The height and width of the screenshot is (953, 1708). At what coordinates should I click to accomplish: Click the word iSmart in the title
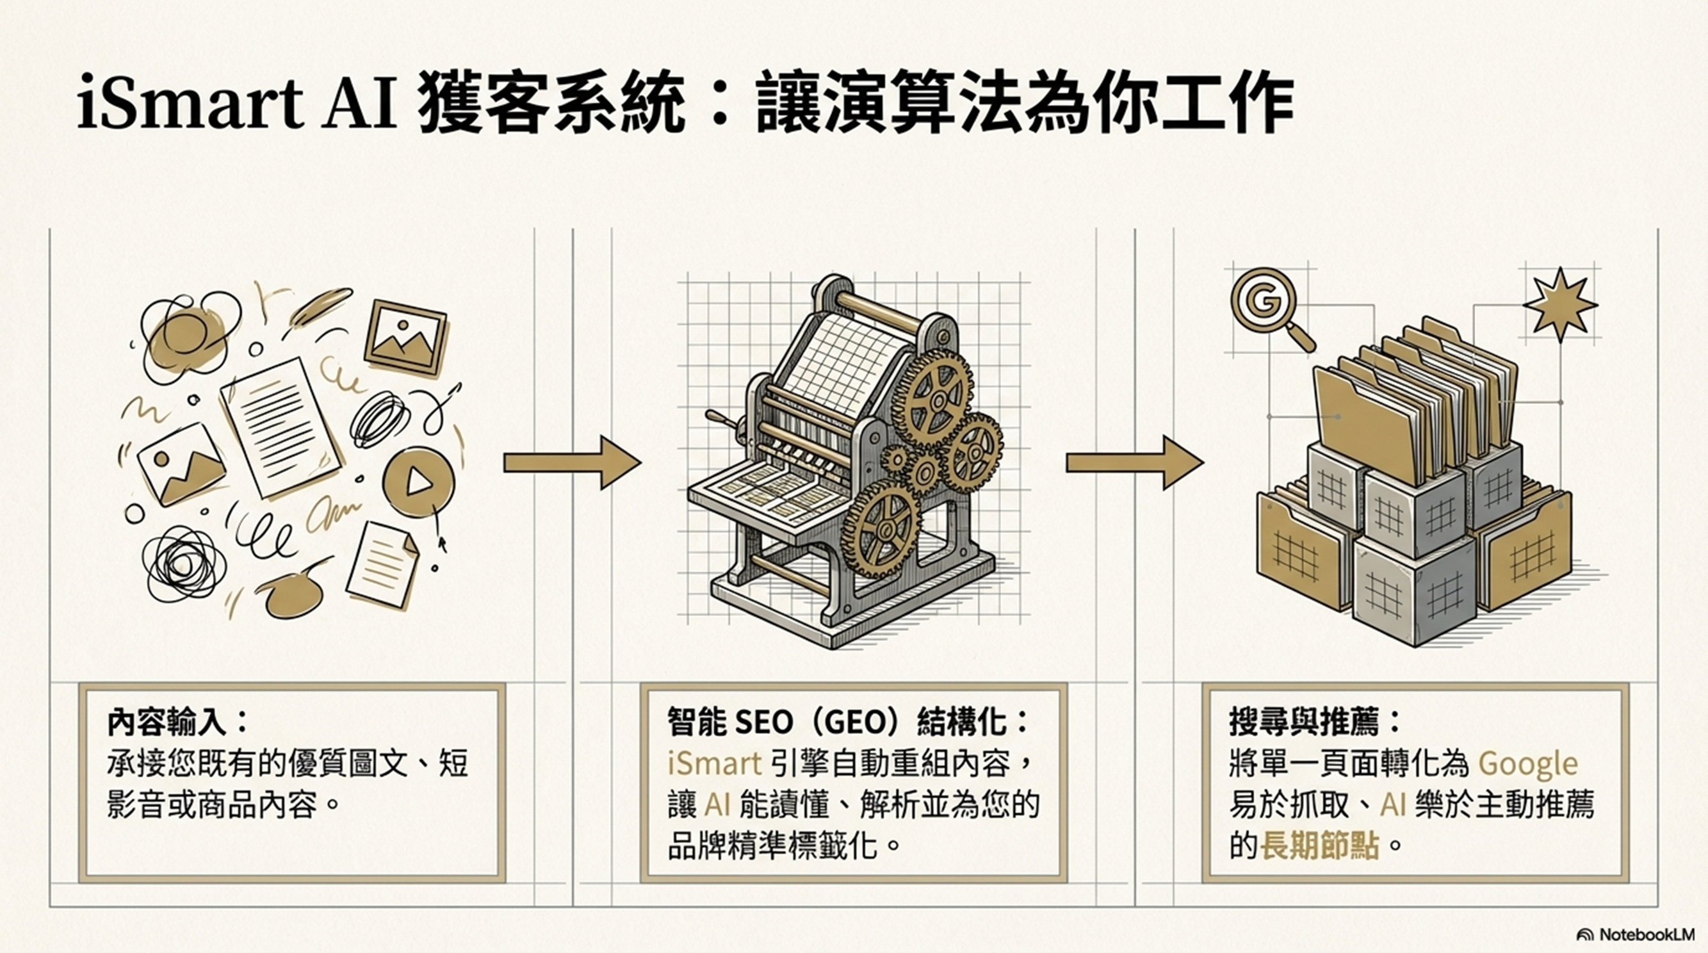[190, 106]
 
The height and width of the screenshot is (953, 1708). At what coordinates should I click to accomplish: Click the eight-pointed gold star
[1559, 304]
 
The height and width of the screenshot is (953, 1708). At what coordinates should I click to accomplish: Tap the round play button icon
[418, 482]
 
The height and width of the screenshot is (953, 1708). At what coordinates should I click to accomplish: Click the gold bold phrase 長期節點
[1319, 847]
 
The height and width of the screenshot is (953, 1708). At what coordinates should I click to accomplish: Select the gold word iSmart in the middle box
[714, 765]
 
